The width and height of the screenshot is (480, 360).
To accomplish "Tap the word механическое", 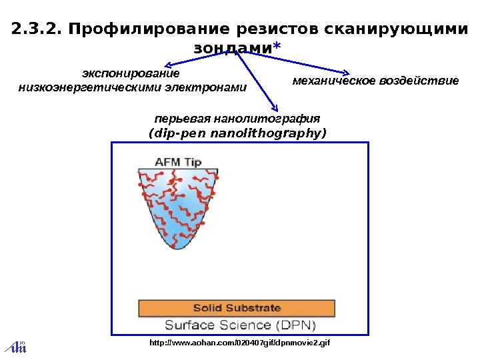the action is point(334,81).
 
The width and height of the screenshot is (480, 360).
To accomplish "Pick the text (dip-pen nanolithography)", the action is point(237,133).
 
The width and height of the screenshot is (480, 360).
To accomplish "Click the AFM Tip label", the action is point(178,161).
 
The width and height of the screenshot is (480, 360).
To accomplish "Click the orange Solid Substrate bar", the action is point(237,308).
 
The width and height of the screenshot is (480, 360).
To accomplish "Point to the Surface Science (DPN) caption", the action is point(240,325).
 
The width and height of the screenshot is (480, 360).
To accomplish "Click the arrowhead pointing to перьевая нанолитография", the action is point(275,107).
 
